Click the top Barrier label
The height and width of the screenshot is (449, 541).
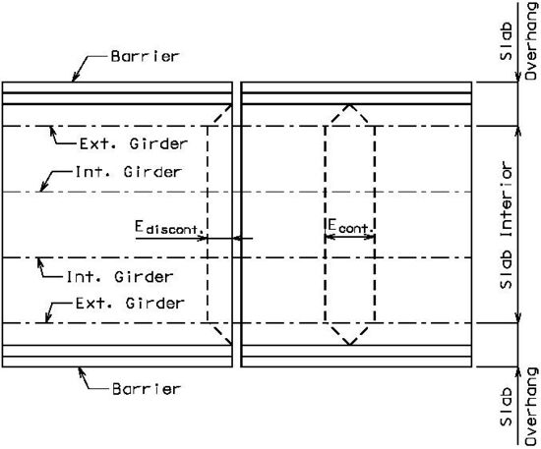pyautogui.click(x=145, y=56)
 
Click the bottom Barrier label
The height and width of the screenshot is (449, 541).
pyautogui.click(x=147, y=389)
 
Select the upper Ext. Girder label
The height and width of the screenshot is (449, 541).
pyautogui.click(x=134, y=143)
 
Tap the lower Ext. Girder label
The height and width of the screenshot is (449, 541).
pyautogui.click(x=130, y=304)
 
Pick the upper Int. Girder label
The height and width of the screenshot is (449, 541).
pyautogui.click(x=128, y=172)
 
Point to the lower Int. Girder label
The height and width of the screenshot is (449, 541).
pyautogui.click(x=119, y=277)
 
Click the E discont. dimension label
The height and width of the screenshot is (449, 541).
pyautogui.click(x=169, y=227)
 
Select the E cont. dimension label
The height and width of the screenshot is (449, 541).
pyautogui.click(x=350, y=226)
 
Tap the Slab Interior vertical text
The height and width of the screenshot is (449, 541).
pyautogui.click(x=507, y=225)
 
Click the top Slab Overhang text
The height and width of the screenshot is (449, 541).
pyautogui.click(x=518, y=41)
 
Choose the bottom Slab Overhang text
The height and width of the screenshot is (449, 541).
pyautogui.click(x=518, y=408)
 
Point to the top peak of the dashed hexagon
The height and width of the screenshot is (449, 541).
pyautogui.click(x=349, y=104)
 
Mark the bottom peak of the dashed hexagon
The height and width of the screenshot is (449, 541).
pyautogui.click(x=349, y=344)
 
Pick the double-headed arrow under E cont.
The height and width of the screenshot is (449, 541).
pyautogui.click(x=349, y=237)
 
